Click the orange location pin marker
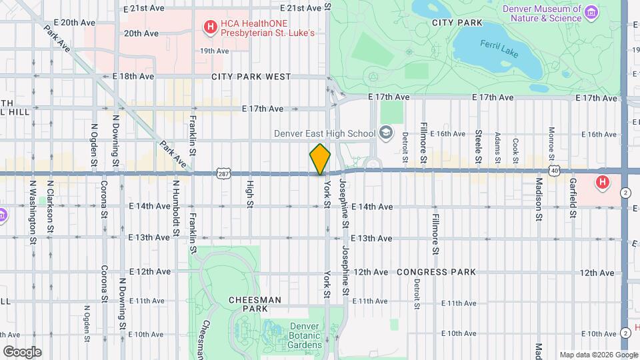tap(320, 159)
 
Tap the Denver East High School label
tap(325, 133)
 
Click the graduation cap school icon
tap(385, 133)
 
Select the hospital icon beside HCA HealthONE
tap(211, 27)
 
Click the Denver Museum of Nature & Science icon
tap(591, 13)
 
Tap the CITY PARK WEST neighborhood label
tap(251, 77)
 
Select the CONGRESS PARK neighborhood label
tap(436, 272)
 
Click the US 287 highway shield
tap(223, 174)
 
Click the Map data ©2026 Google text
tap(597, 355)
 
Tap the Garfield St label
tap(573, 198)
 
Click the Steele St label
tap(478, 146)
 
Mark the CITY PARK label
tap(457, 22)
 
